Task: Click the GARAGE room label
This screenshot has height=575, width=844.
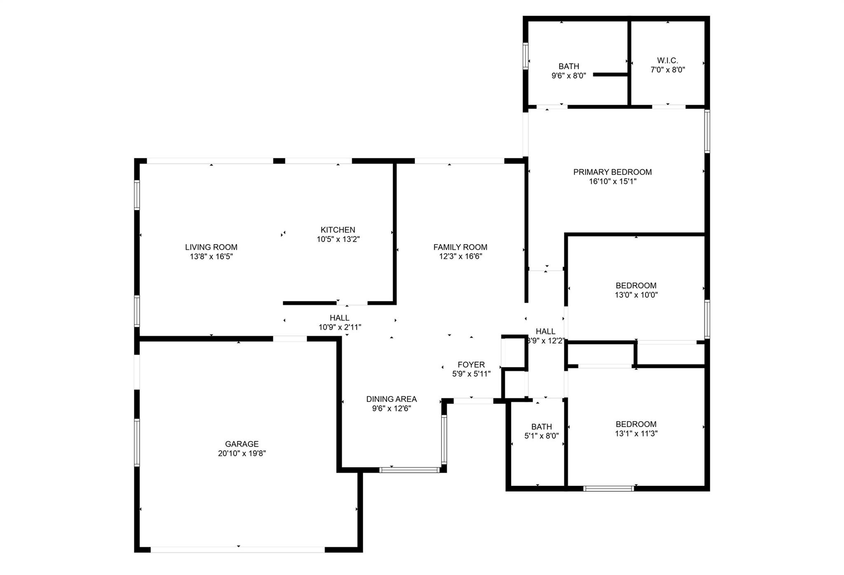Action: point(241,444)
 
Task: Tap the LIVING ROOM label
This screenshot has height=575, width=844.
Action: point(211,247)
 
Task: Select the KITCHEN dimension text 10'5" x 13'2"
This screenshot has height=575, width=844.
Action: point(338,239)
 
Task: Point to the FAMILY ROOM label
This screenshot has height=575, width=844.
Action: point(460,247)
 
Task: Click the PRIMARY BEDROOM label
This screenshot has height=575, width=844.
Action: point(612,172)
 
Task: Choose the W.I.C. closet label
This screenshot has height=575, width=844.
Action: point(668,61)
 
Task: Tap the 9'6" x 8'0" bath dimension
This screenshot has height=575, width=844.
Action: point(569,76)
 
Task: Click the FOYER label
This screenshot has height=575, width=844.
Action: point(471,364)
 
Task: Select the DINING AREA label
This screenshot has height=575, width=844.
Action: point(391,399)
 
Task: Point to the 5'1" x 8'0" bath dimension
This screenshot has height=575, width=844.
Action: point(542,436)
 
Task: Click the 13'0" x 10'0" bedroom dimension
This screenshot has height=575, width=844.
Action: point(636,295)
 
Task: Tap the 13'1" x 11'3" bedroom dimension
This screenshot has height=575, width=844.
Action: point(636,433)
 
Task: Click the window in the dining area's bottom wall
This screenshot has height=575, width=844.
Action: point(410,469)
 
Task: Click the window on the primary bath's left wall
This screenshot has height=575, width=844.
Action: point(525,56)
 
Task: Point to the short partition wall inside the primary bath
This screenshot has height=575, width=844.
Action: point(610,75)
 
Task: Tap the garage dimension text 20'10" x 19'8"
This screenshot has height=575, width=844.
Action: point(241,453)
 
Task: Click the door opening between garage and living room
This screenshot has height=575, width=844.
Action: point(290,339)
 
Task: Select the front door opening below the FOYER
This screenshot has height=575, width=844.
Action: point(473,400)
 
